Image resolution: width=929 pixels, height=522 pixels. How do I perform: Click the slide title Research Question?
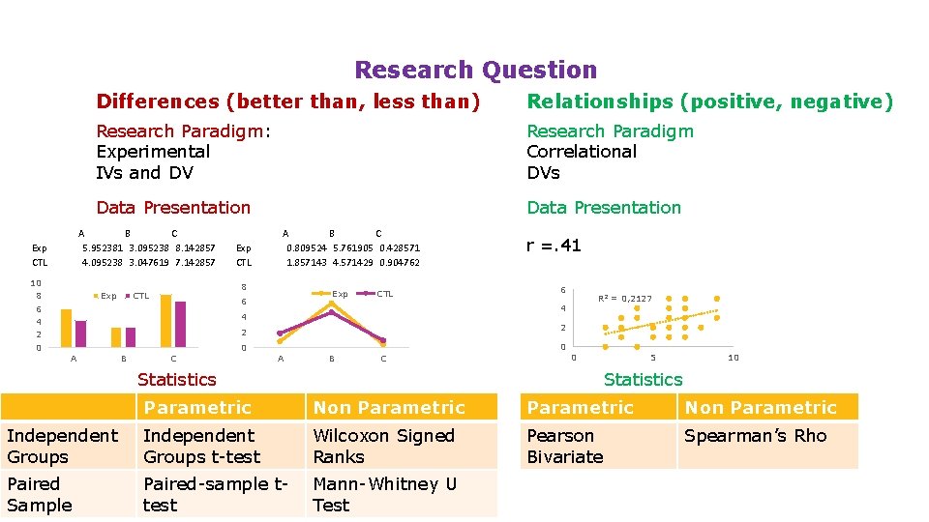pos(475,70)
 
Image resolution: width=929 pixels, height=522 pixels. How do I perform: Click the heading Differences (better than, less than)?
pos(287,101)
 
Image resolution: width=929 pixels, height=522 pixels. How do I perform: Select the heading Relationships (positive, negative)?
pos(709,101)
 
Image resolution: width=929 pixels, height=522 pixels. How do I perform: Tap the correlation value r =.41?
pos(554,246)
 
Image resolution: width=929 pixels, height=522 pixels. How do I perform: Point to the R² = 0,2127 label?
pos(625,299)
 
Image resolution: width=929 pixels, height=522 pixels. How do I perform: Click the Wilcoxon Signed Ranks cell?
pos(383,446)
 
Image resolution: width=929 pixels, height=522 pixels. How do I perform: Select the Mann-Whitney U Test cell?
pos(384,494)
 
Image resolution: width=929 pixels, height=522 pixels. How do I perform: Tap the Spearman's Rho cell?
pos(755,436)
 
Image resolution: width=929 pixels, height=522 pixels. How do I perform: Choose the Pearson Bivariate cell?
pos(564,446)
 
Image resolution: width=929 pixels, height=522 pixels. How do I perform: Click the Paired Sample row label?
pos(40,494)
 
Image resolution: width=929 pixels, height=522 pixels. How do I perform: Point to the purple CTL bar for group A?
pos(80,333)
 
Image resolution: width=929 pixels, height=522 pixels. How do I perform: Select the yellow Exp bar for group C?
pos(165,320)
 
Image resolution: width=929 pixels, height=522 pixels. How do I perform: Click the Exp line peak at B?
pos(331,303)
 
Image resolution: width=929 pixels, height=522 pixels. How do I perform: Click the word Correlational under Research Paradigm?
pos(582,152)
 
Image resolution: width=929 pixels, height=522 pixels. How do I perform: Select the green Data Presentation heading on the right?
pos(603,208)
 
